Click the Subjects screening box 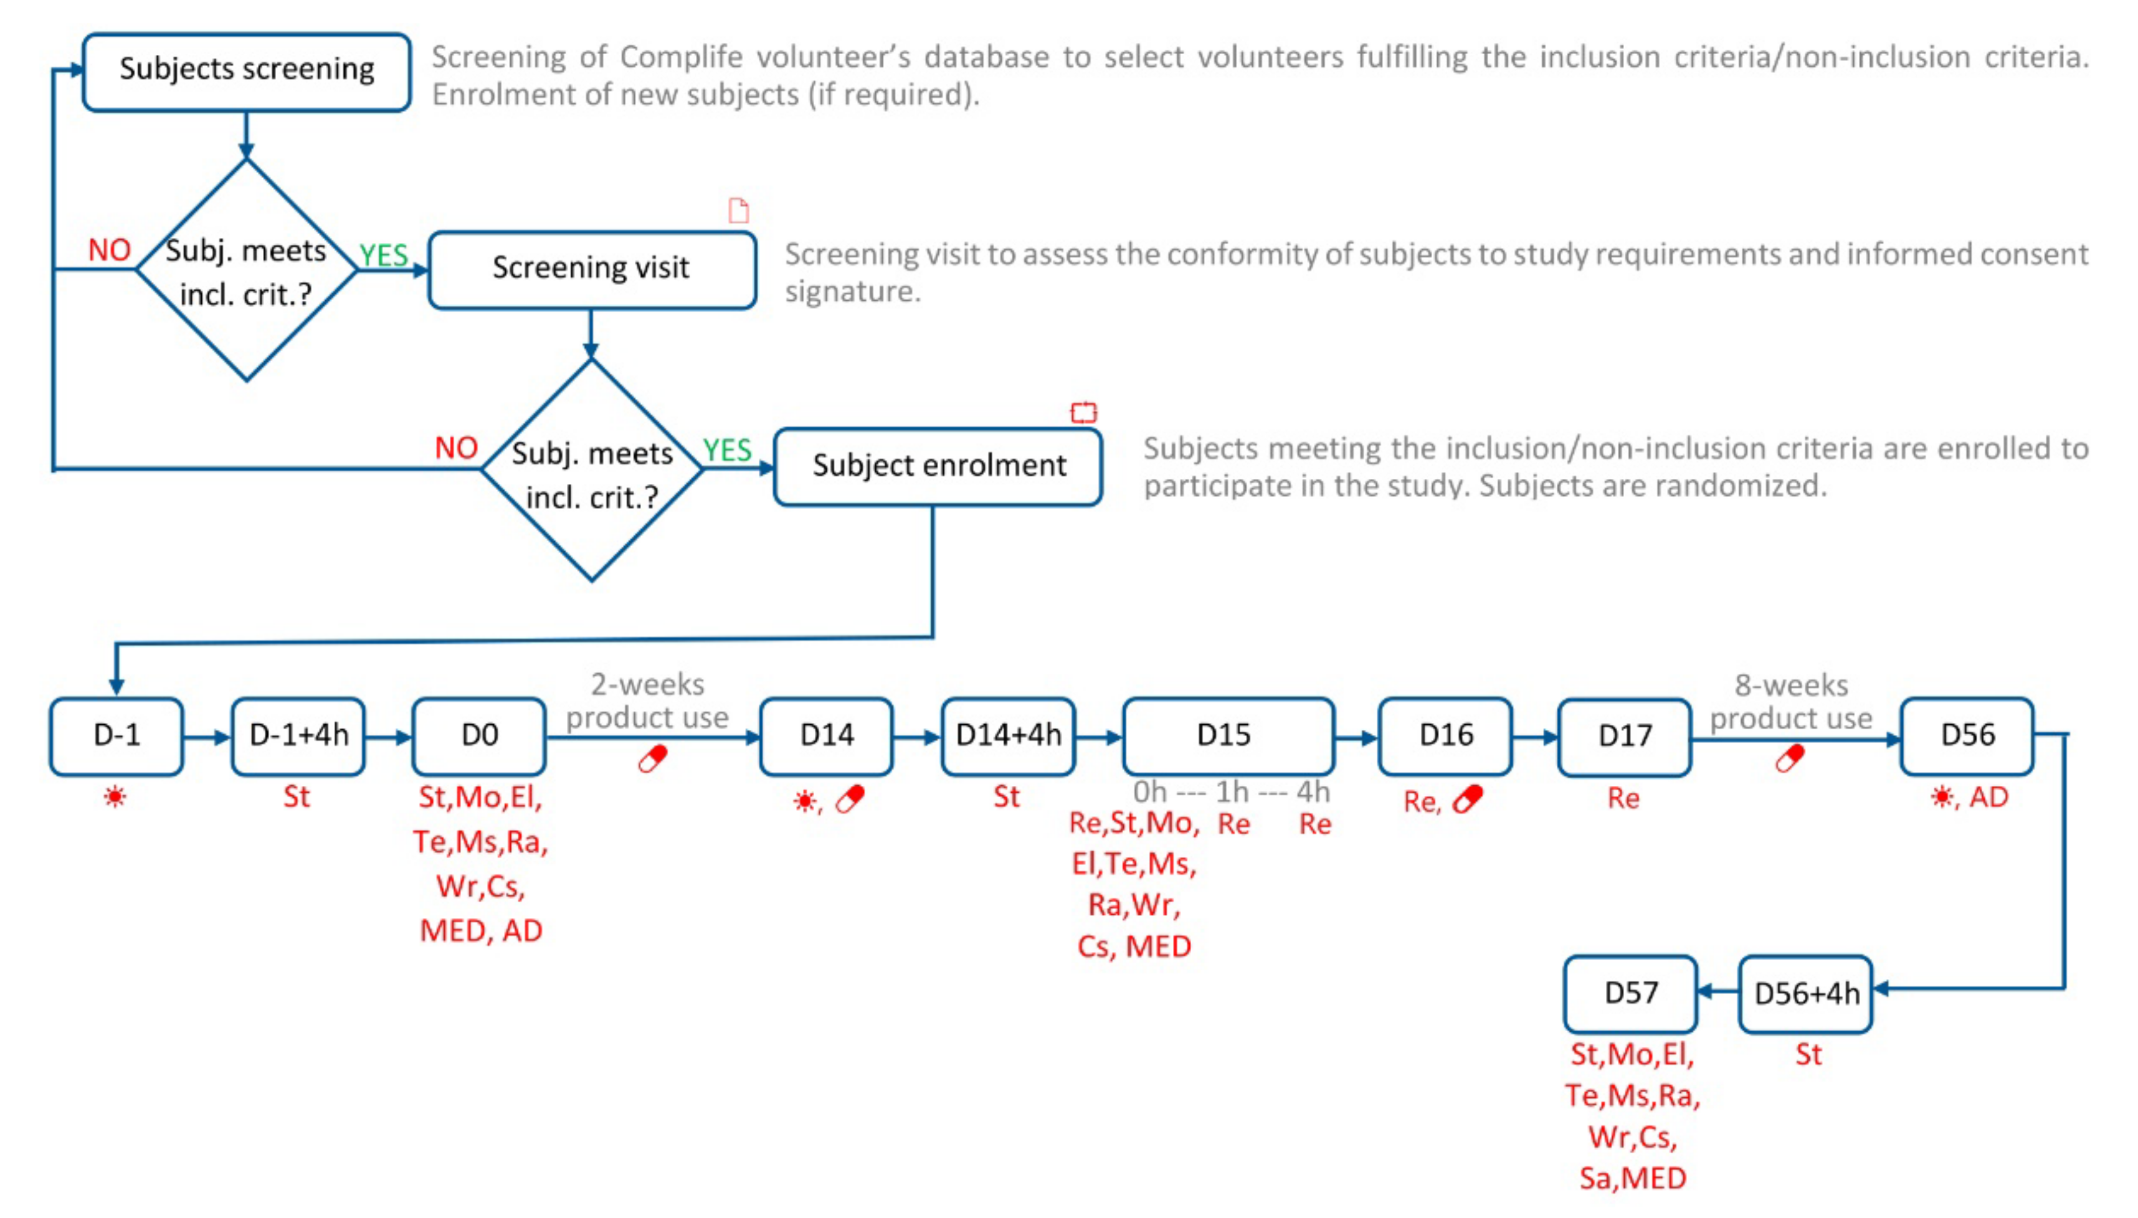point(246,71)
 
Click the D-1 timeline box point(116,736)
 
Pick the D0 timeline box point(478,736)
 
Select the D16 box point(1445,736)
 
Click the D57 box point(1630,994)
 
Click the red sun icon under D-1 point(115,797)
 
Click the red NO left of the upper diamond point(110,250)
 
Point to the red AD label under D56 point(1988,797)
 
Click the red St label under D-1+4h point(297,797)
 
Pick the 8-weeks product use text point(1791,701)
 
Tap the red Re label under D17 point(1623,799)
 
